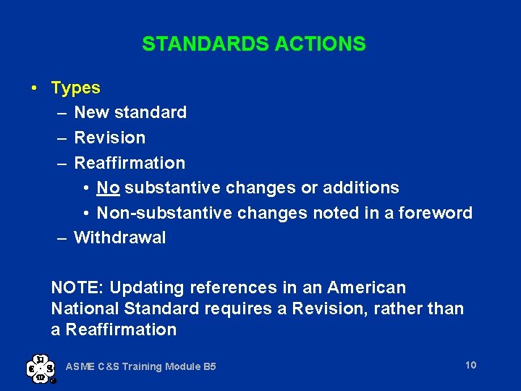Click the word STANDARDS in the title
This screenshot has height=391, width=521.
click(x=206, y=44)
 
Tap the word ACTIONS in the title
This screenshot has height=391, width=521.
click(x=321, y=44)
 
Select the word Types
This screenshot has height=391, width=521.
click(x=76, y=88)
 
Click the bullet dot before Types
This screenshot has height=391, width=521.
click(x=35, y=88)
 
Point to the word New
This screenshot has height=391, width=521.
click(x=90, y=113)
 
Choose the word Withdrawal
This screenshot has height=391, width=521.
click(x=120, y=237)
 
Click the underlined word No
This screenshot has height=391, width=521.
click(x=108, y=188)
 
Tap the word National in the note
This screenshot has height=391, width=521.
click(x=85, y=309)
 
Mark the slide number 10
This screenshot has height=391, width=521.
click(x=470, y=365)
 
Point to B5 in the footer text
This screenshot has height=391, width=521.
click(x=209, y=367)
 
